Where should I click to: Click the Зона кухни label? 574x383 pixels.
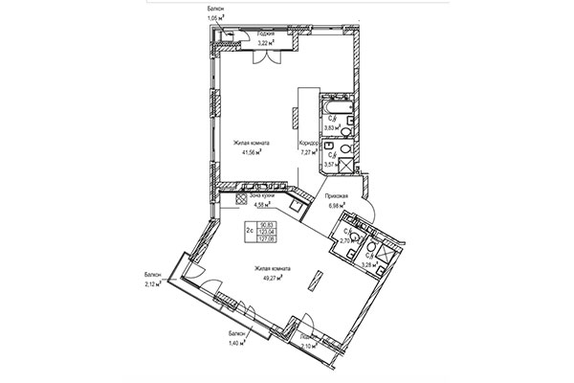pyautogui.click(x=261, y=195)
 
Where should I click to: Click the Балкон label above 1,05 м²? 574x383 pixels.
pyautogui.click(x=216, y=8)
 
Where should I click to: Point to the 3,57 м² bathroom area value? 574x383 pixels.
pyautogui.click(x=330, y=164)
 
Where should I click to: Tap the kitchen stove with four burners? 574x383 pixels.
pyautogui.click(x=299, y=204)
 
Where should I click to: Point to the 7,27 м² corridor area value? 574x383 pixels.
pyautogui.click(x=309, y=151)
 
